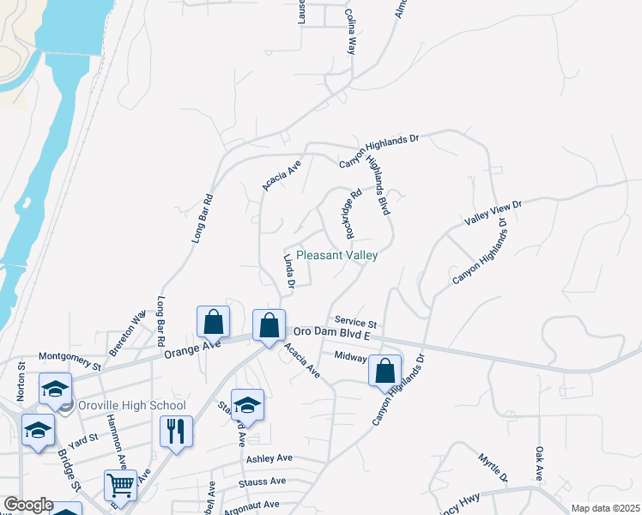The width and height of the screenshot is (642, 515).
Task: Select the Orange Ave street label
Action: (192, 349)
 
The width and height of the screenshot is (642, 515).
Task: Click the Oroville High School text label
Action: (130, 405)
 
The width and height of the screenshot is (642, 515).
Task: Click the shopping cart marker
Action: (121, 485)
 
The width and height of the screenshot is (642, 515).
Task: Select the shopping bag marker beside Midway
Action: (385, 372)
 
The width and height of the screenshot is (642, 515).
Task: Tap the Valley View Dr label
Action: (494, 211)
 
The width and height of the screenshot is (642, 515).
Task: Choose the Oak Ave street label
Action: (540, 463)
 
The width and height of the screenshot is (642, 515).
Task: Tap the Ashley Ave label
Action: (270, 459)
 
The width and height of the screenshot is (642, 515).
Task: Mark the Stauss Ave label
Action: (266, 482)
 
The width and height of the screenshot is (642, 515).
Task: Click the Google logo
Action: (28, 506)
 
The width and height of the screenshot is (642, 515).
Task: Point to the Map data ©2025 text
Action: (605, 508)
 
